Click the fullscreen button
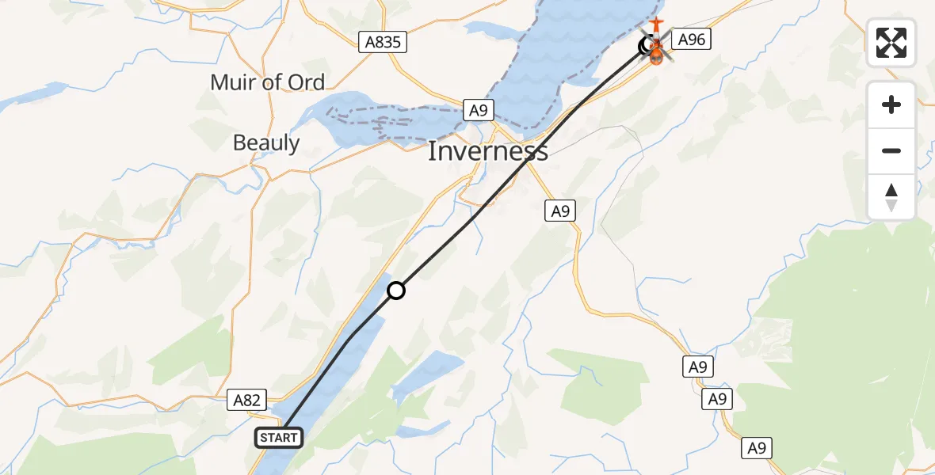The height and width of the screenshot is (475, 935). (891, 43)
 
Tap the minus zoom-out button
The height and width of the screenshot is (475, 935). (891, 150)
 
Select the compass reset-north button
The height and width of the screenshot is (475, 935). (891, 197)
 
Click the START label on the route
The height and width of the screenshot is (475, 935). (278, 437)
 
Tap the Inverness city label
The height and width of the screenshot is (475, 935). (487, 150)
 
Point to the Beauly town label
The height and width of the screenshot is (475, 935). (266, 142)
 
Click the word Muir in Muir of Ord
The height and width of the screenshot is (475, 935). (235, 82)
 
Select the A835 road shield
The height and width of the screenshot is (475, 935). (383, 43)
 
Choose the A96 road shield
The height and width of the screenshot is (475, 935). (692, 39)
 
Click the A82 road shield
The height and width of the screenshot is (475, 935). (246, 401)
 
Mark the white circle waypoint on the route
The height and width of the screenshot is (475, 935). (396, 291)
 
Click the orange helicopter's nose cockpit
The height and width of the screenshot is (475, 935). (656, 57)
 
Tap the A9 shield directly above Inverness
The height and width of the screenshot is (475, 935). (478, 110)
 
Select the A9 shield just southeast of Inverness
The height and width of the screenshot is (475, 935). (560, 211)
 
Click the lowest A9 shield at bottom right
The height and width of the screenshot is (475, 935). (757, 448)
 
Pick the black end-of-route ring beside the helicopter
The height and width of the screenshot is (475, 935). (647, 47)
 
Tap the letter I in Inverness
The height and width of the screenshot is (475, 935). (433, 150)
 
